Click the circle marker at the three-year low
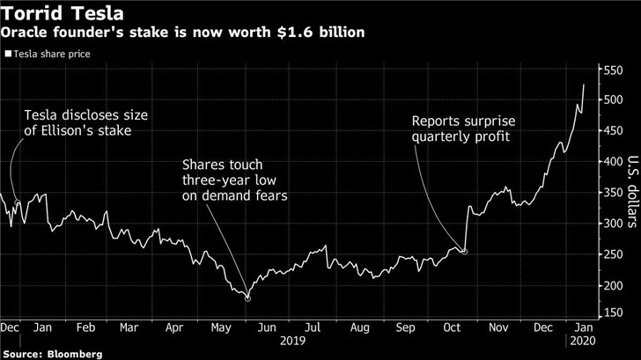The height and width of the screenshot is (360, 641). tap(247, 298)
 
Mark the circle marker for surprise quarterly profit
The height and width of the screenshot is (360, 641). tap(464, 253)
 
